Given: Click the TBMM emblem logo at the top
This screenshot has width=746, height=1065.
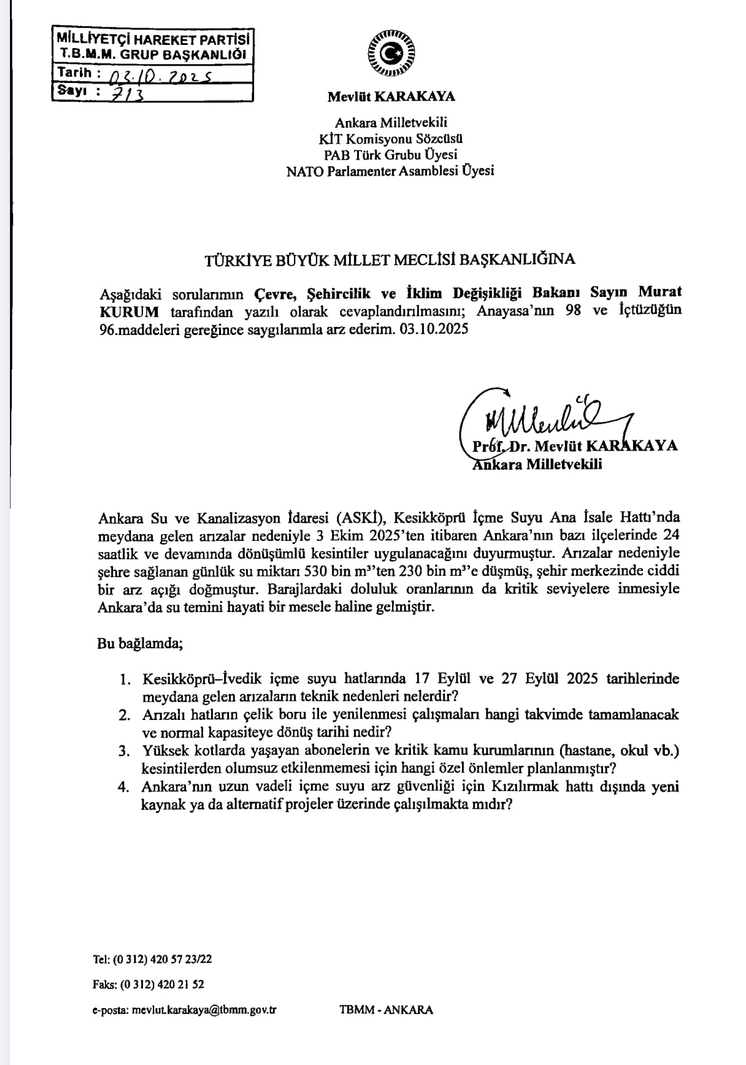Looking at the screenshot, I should (391, 54).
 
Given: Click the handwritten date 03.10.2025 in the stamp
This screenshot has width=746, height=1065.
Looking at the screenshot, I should (160, 77).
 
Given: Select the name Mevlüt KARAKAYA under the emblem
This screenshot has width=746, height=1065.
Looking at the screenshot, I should (391, 97).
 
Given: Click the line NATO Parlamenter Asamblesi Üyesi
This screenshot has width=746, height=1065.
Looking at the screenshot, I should (390, 170).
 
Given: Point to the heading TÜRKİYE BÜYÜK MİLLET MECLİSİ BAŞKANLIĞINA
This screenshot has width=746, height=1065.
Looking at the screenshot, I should (390, 260).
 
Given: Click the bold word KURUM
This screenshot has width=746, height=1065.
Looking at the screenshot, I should (129, 311).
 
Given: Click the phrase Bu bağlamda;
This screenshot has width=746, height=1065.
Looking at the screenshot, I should (140, 643).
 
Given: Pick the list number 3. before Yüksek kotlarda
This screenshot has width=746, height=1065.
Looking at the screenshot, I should (125, 751).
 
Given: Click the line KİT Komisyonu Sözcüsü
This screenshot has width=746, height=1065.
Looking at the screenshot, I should (391, 139).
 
